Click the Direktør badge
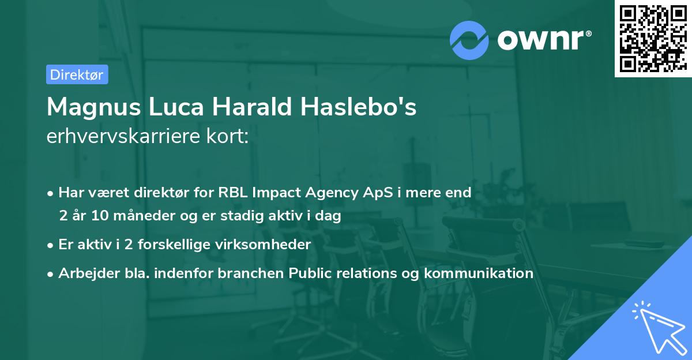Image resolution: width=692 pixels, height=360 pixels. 77,74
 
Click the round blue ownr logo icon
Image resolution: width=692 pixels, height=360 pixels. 469,40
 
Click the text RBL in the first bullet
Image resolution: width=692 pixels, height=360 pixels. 232,193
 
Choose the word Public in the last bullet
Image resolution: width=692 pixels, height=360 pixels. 309,273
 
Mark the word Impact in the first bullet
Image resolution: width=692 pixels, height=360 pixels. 275,193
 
